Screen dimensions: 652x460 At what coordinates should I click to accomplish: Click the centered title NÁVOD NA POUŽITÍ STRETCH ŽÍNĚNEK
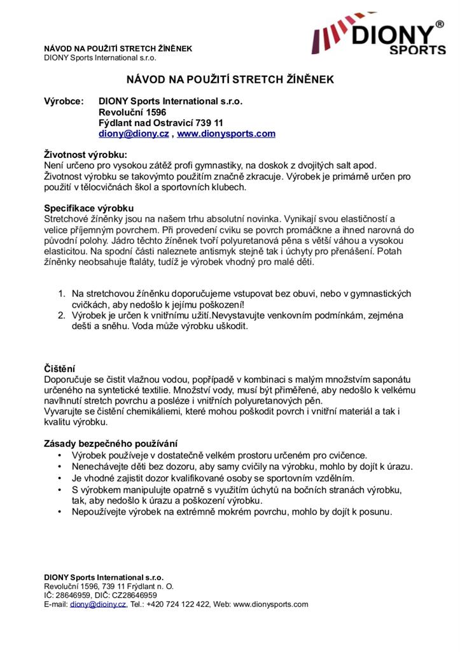[230, 80]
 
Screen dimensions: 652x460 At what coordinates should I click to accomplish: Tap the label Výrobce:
[64, 101]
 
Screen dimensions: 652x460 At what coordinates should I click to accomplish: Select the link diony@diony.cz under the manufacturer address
[134, 134]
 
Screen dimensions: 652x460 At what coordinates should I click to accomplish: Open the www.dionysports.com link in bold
[226, 134]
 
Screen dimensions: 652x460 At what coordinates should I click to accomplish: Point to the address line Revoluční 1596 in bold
[132, 111]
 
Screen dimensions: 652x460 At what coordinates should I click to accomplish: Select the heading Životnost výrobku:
[85, 155]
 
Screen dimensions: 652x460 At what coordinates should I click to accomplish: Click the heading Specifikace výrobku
[88, 208]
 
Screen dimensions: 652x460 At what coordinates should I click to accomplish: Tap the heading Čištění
[60, 369]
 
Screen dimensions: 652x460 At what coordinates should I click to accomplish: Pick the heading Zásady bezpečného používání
[111, 443]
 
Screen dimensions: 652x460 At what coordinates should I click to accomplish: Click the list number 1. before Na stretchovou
[62, 294]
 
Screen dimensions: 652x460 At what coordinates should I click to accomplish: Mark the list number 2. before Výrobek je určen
[62, 315]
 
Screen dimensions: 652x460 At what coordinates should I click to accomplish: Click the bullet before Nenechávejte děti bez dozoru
[60, 466]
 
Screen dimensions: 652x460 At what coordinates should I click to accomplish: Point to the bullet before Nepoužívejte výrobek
[60, 511]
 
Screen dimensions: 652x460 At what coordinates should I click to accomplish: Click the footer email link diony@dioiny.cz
[99, 604]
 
